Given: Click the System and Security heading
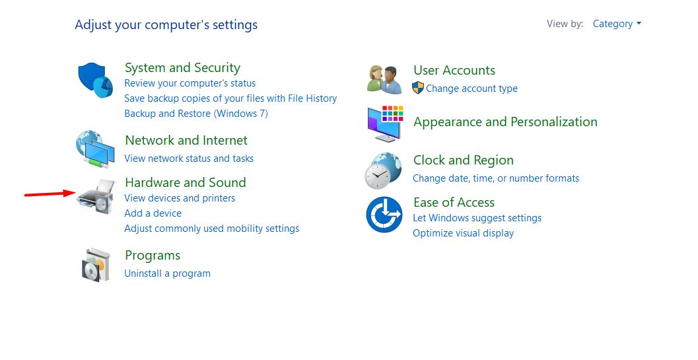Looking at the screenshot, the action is click(182, 68).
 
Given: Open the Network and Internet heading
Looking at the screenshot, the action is click(186, 140).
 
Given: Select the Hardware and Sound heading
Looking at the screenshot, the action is click(185, 182).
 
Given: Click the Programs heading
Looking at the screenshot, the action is click(153, 256).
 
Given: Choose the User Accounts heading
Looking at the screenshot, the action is click(454, 71).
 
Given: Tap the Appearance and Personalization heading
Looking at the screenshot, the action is click(505, 122).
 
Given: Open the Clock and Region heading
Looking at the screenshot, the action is click(464, 161).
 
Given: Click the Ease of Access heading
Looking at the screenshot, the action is click(454, 202).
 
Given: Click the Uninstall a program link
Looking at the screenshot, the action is click(167, 273).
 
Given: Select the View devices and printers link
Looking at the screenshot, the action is click(180, 198).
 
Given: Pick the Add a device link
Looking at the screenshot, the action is click(153, 213).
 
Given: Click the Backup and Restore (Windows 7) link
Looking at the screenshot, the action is click(196, 114).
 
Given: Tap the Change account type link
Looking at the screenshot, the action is click(472, 89).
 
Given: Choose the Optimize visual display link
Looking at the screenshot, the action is click(463, 233).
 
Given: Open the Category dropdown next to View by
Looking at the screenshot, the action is click(617, 24).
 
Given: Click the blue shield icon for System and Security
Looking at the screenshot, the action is click(95, 80).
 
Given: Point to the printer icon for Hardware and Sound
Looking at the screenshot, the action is click(95, 196).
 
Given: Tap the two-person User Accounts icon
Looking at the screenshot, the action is click(384, 80).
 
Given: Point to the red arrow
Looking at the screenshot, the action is click(50, 194).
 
